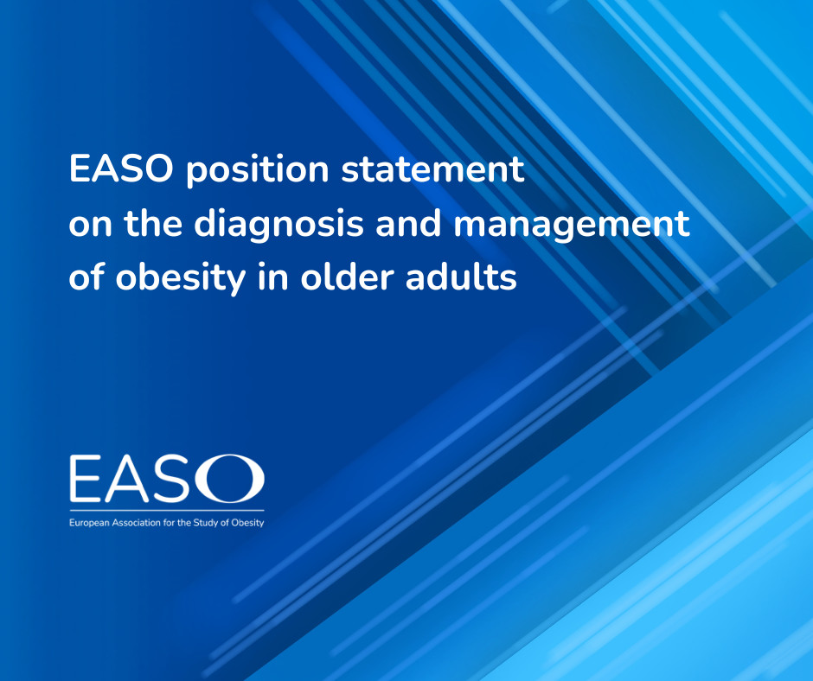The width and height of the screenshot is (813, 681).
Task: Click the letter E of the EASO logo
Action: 87,481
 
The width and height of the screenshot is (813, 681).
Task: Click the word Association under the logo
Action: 139,522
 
